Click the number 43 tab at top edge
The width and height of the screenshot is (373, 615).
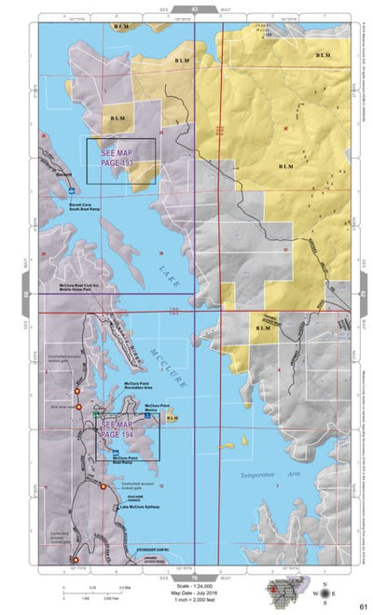tap(194, 7)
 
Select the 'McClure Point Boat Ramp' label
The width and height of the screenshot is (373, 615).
tap(128, 460)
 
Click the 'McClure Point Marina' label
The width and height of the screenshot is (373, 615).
tap(157, 408)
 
